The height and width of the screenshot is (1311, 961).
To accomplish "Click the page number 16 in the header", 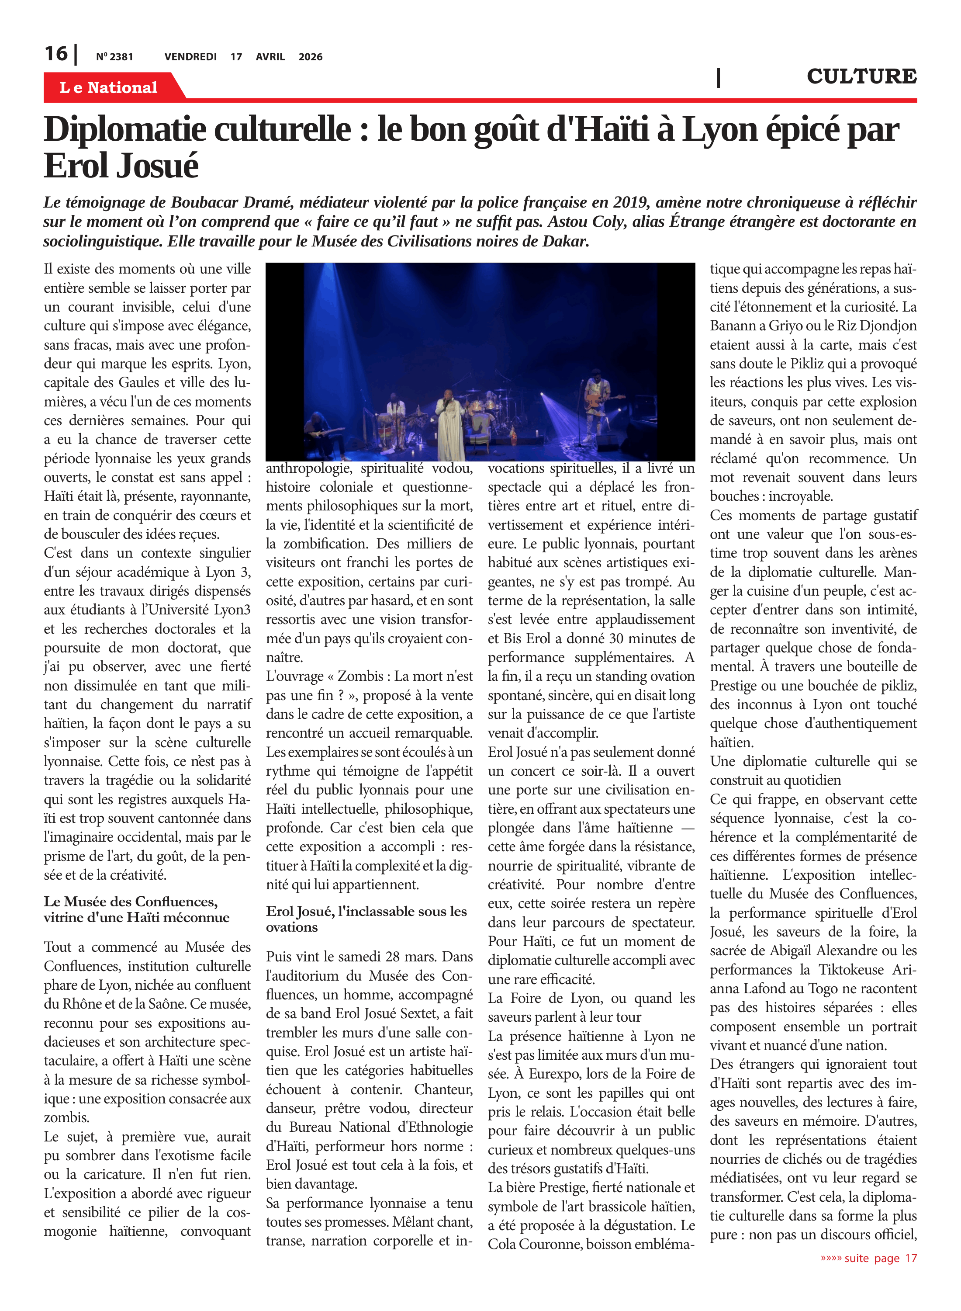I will [56, 54].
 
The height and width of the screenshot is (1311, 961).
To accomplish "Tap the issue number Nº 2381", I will [114, 57].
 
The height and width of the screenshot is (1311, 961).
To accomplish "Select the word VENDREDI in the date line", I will [190, 57].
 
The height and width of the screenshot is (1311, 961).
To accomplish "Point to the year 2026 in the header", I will [310, 57].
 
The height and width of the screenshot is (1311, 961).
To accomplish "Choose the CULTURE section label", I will [861, 76].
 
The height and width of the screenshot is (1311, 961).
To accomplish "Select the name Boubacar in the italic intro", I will [204, 202].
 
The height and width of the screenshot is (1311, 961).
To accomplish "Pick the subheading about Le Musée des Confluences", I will [136, 909].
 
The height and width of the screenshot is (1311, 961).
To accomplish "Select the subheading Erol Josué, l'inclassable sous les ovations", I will [366, 919].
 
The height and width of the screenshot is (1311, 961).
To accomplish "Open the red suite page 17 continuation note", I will [868, 1258].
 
